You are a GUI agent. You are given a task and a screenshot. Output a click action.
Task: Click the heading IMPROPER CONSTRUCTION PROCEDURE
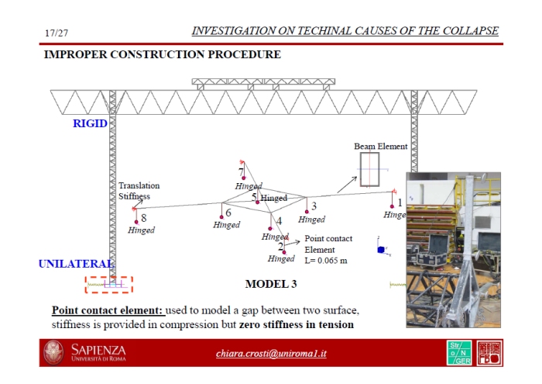(x=162, y=55)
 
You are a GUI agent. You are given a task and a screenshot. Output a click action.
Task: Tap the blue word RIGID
(x=90, y=123)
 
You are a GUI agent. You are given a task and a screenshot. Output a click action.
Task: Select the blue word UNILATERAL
(x=70, y=265)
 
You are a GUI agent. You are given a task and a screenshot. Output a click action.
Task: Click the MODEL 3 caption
(x=271, y=284)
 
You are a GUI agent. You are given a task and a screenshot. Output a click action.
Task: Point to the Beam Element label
(x=380, y=146)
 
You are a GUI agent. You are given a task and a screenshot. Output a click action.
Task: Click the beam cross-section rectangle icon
(x=369, y=171)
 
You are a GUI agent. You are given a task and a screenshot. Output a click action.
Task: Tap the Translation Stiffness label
(x=139, y=191)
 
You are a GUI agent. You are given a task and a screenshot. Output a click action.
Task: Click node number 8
(x=144, y=218)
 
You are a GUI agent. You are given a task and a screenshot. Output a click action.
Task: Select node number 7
(x=241, y=171)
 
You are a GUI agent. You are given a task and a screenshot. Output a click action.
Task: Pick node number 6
(x=228, y=212)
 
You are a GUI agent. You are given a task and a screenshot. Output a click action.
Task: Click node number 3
(x=314, y=206)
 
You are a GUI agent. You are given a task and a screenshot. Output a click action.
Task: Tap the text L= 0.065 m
(x=326, y=260)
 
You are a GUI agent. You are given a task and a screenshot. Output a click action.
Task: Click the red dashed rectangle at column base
(x=109, y=285)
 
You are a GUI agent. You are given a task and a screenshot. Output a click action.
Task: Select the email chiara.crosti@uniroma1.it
(x=271, y=354)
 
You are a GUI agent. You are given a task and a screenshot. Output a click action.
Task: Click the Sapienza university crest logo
(x=54, y=353)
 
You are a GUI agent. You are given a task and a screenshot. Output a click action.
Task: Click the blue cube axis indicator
(x=380, y=249)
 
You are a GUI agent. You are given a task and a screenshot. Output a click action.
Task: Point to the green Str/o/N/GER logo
(x=458, y=354)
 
